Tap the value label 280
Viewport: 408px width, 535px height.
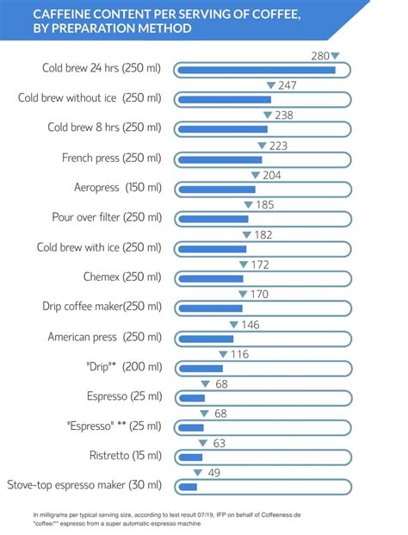(x=319, y=56)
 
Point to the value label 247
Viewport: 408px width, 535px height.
(x=287, y=85)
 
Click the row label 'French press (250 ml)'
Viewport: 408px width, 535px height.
(x=111, y=159)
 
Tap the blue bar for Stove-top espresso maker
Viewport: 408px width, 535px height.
(x=188, y=487)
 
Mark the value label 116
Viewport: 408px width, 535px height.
(x=239, y=354)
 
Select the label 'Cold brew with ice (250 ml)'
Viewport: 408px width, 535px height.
(x=99, y=247)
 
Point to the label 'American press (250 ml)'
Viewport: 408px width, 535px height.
(x=104, y=337)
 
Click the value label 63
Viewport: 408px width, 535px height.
(x=219, y=443)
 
